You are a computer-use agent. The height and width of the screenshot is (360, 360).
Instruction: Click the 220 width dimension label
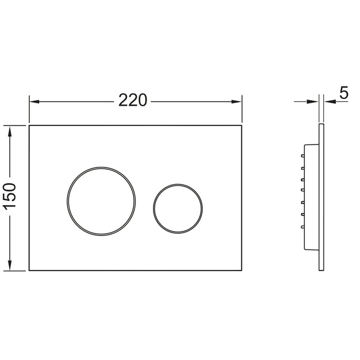click(x=133, y=100)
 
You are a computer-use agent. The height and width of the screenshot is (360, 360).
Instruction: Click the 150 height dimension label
click(x=10, y=196)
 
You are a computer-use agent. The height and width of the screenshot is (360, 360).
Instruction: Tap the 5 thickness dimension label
click(x=344, y=92)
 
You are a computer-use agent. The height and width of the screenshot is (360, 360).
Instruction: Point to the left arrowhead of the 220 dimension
click(x=34, y=101)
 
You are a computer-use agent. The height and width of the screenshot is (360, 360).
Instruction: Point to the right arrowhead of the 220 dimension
click(x=236, y=101)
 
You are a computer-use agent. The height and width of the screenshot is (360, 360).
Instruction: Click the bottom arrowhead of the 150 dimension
click(x=10, y=265)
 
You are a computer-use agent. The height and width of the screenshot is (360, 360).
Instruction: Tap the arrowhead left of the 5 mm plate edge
click(x=313, y=101)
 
